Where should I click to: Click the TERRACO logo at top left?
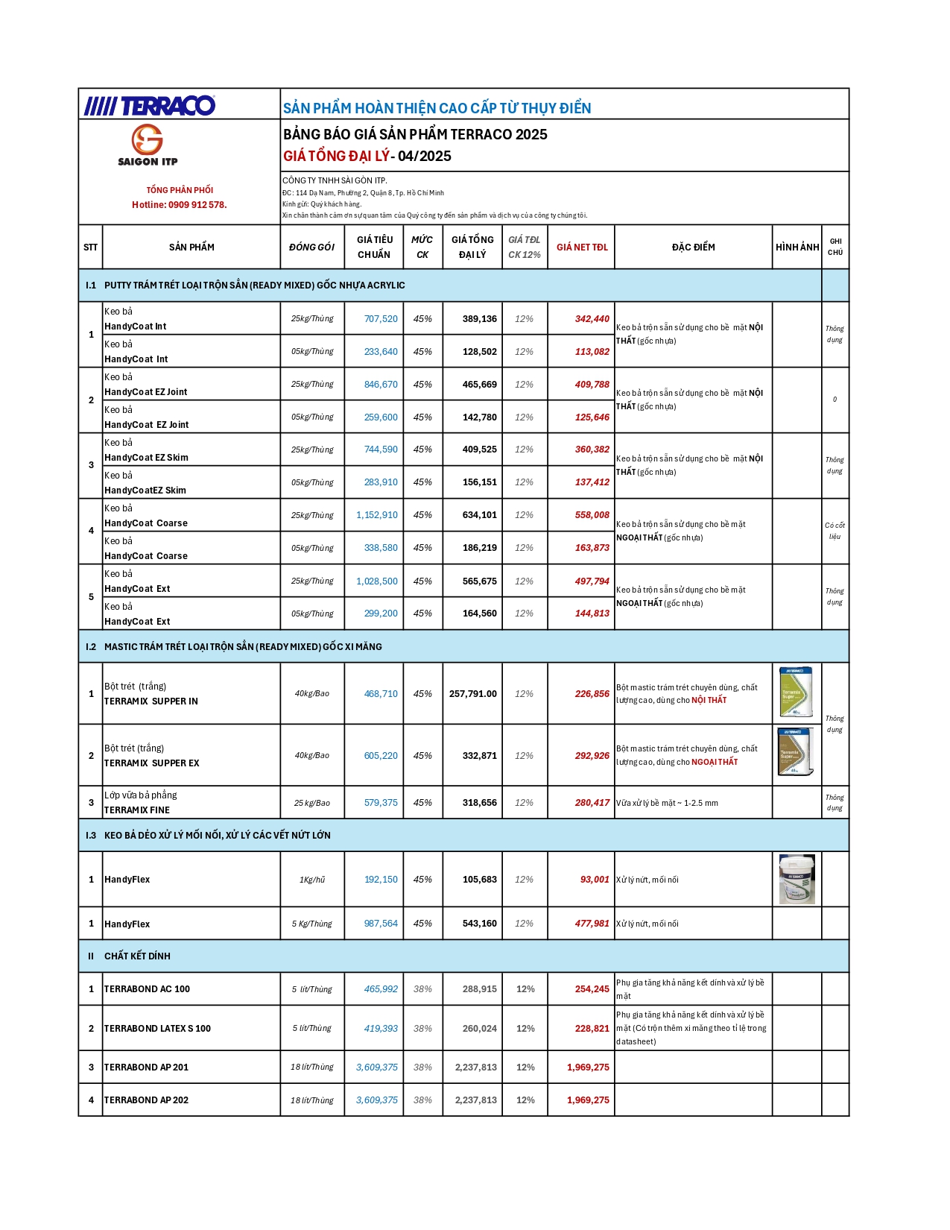[149, 106]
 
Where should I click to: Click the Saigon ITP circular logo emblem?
[148, 139]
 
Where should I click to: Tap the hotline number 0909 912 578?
[197, 205]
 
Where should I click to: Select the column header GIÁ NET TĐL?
[582, 247]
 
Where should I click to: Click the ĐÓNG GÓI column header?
[311, 247]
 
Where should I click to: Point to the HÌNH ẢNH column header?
[797, 247]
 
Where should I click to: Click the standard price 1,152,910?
[377, 515]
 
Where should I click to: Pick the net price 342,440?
[592, 319]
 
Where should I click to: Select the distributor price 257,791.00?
[472, 694]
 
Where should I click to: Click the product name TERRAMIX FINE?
[137, 810]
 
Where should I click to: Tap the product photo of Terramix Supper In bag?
[796, 693]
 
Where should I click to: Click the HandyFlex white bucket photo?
[797, 880]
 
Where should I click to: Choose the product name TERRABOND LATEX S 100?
[157, 1029]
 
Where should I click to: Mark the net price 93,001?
[595, 880]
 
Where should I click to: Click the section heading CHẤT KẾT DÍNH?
[137, 956]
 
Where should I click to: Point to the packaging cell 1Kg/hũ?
[312, 880]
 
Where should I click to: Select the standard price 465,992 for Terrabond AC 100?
[381, 989]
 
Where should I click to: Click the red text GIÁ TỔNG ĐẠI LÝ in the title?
[336, 157]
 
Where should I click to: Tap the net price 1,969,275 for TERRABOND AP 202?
[588, 1100]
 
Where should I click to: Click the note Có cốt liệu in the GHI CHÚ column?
[835, 531]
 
